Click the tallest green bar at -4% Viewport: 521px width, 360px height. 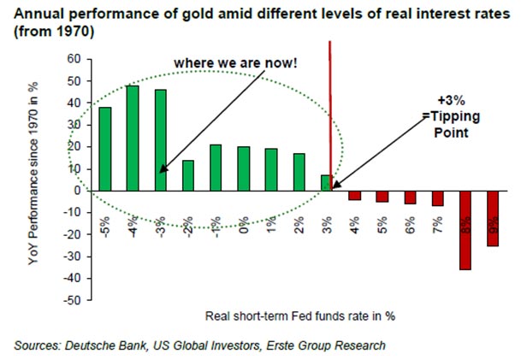tap(133, 137)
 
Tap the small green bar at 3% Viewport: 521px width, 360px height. tap(325, 182)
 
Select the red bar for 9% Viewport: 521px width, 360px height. tap(492, 218)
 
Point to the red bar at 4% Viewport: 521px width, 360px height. tap(354, 195)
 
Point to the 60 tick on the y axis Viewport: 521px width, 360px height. tap(74, 59)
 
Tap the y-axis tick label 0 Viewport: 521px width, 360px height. tap(77, 191)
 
